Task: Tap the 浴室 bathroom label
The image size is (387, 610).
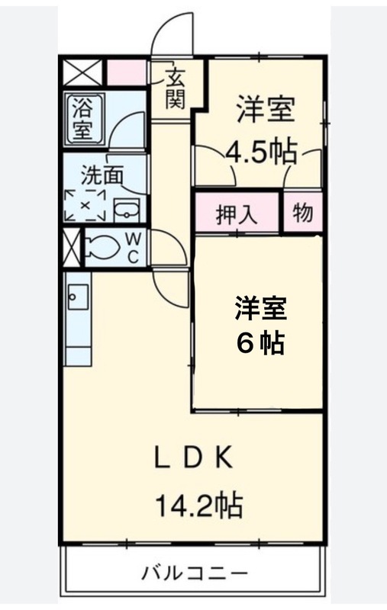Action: [82, 120]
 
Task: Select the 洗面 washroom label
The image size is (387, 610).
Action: [102, 175]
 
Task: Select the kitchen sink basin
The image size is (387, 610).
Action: [78, 297]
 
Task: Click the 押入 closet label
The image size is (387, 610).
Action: [237, 213]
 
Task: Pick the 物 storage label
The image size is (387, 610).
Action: [302, 213]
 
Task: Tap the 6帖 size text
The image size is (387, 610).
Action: [260, 342]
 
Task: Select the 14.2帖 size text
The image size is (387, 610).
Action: [199, 505]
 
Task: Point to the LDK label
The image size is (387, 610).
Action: [194, 458]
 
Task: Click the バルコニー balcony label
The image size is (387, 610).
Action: [194, 573]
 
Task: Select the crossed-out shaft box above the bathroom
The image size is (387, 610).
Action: [82, 72]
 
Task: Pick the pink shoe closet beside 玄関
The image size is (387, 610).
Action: [127, 72]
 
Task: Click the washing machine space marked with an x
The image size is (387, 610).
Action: [85, 205]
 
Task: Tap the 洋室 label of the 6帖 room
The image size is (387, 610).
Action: [260, 308]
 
